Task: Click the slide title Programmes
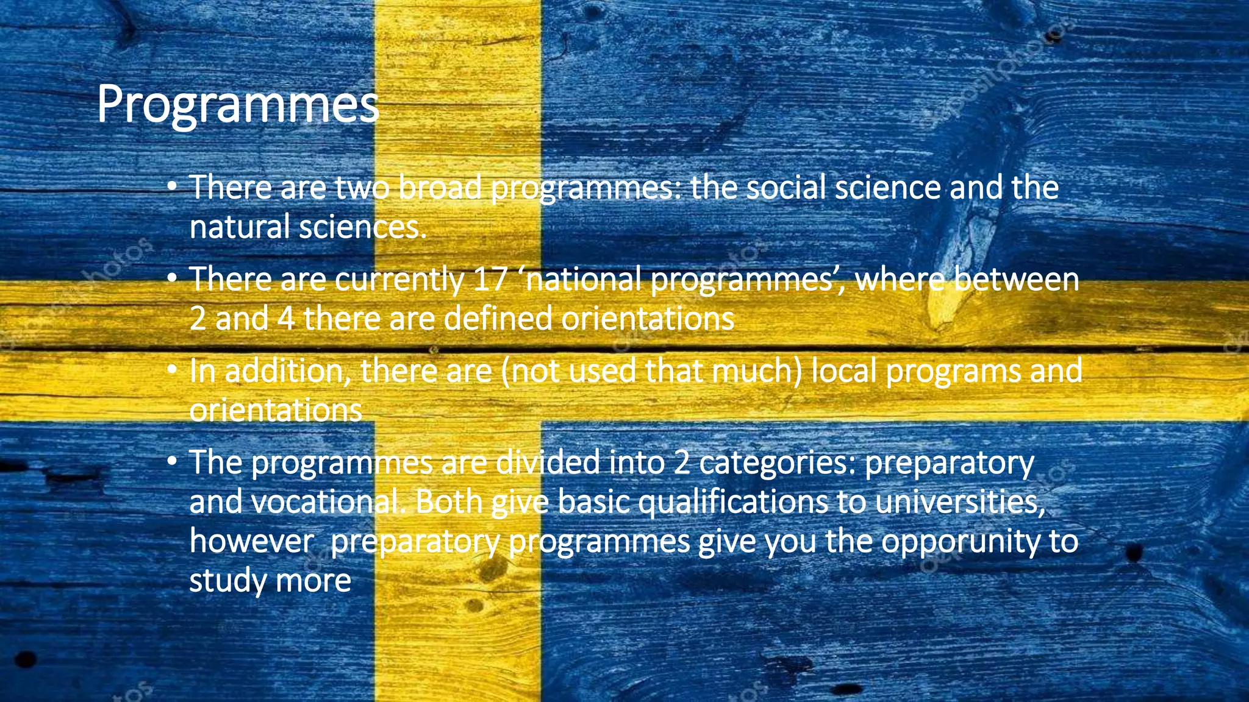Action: coord(238,105)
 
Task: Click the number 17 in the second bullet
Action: coord(490,280)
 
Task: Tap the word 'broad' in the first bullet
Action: coord(439,188)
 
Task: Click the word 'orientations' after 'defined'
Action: coord(647,319)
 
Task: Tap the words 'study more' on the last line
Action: coord(270,581)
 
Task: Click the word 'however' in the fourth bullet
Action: coord(251,542)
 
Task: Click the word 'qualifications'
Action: coord(692,503)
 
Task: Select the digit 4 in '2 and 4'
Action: coord(286,319)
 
